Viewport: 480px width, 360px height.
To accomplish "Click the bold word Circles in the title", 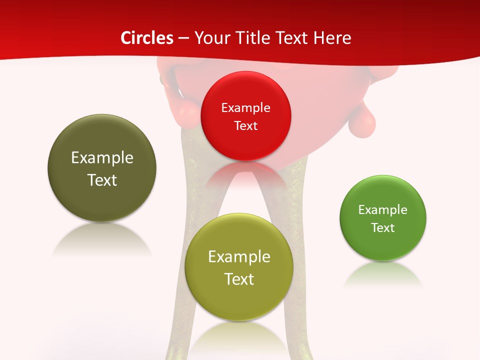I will [147, 38].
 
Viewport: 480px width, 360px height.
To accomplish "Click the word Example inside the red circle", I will [245, 108].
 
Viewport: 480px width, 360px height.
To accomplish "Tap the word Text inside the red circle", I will [245, 126].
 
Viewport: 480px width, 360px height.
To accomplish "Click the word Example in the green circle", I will [383, 210].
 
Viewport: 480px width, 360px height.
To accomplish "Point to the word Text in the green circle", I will [383, 228].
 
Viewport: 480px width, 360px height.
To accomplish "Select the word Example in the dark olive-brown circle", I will [102, 158].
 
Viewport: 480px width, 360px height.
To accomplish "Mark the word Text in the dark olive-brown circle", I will [102, 180].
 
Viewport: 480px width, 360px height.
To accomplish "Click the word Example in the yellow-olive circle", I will [239, 257].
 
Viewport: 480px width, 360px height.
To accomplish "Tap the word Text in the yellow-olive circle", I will [239, 279].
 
